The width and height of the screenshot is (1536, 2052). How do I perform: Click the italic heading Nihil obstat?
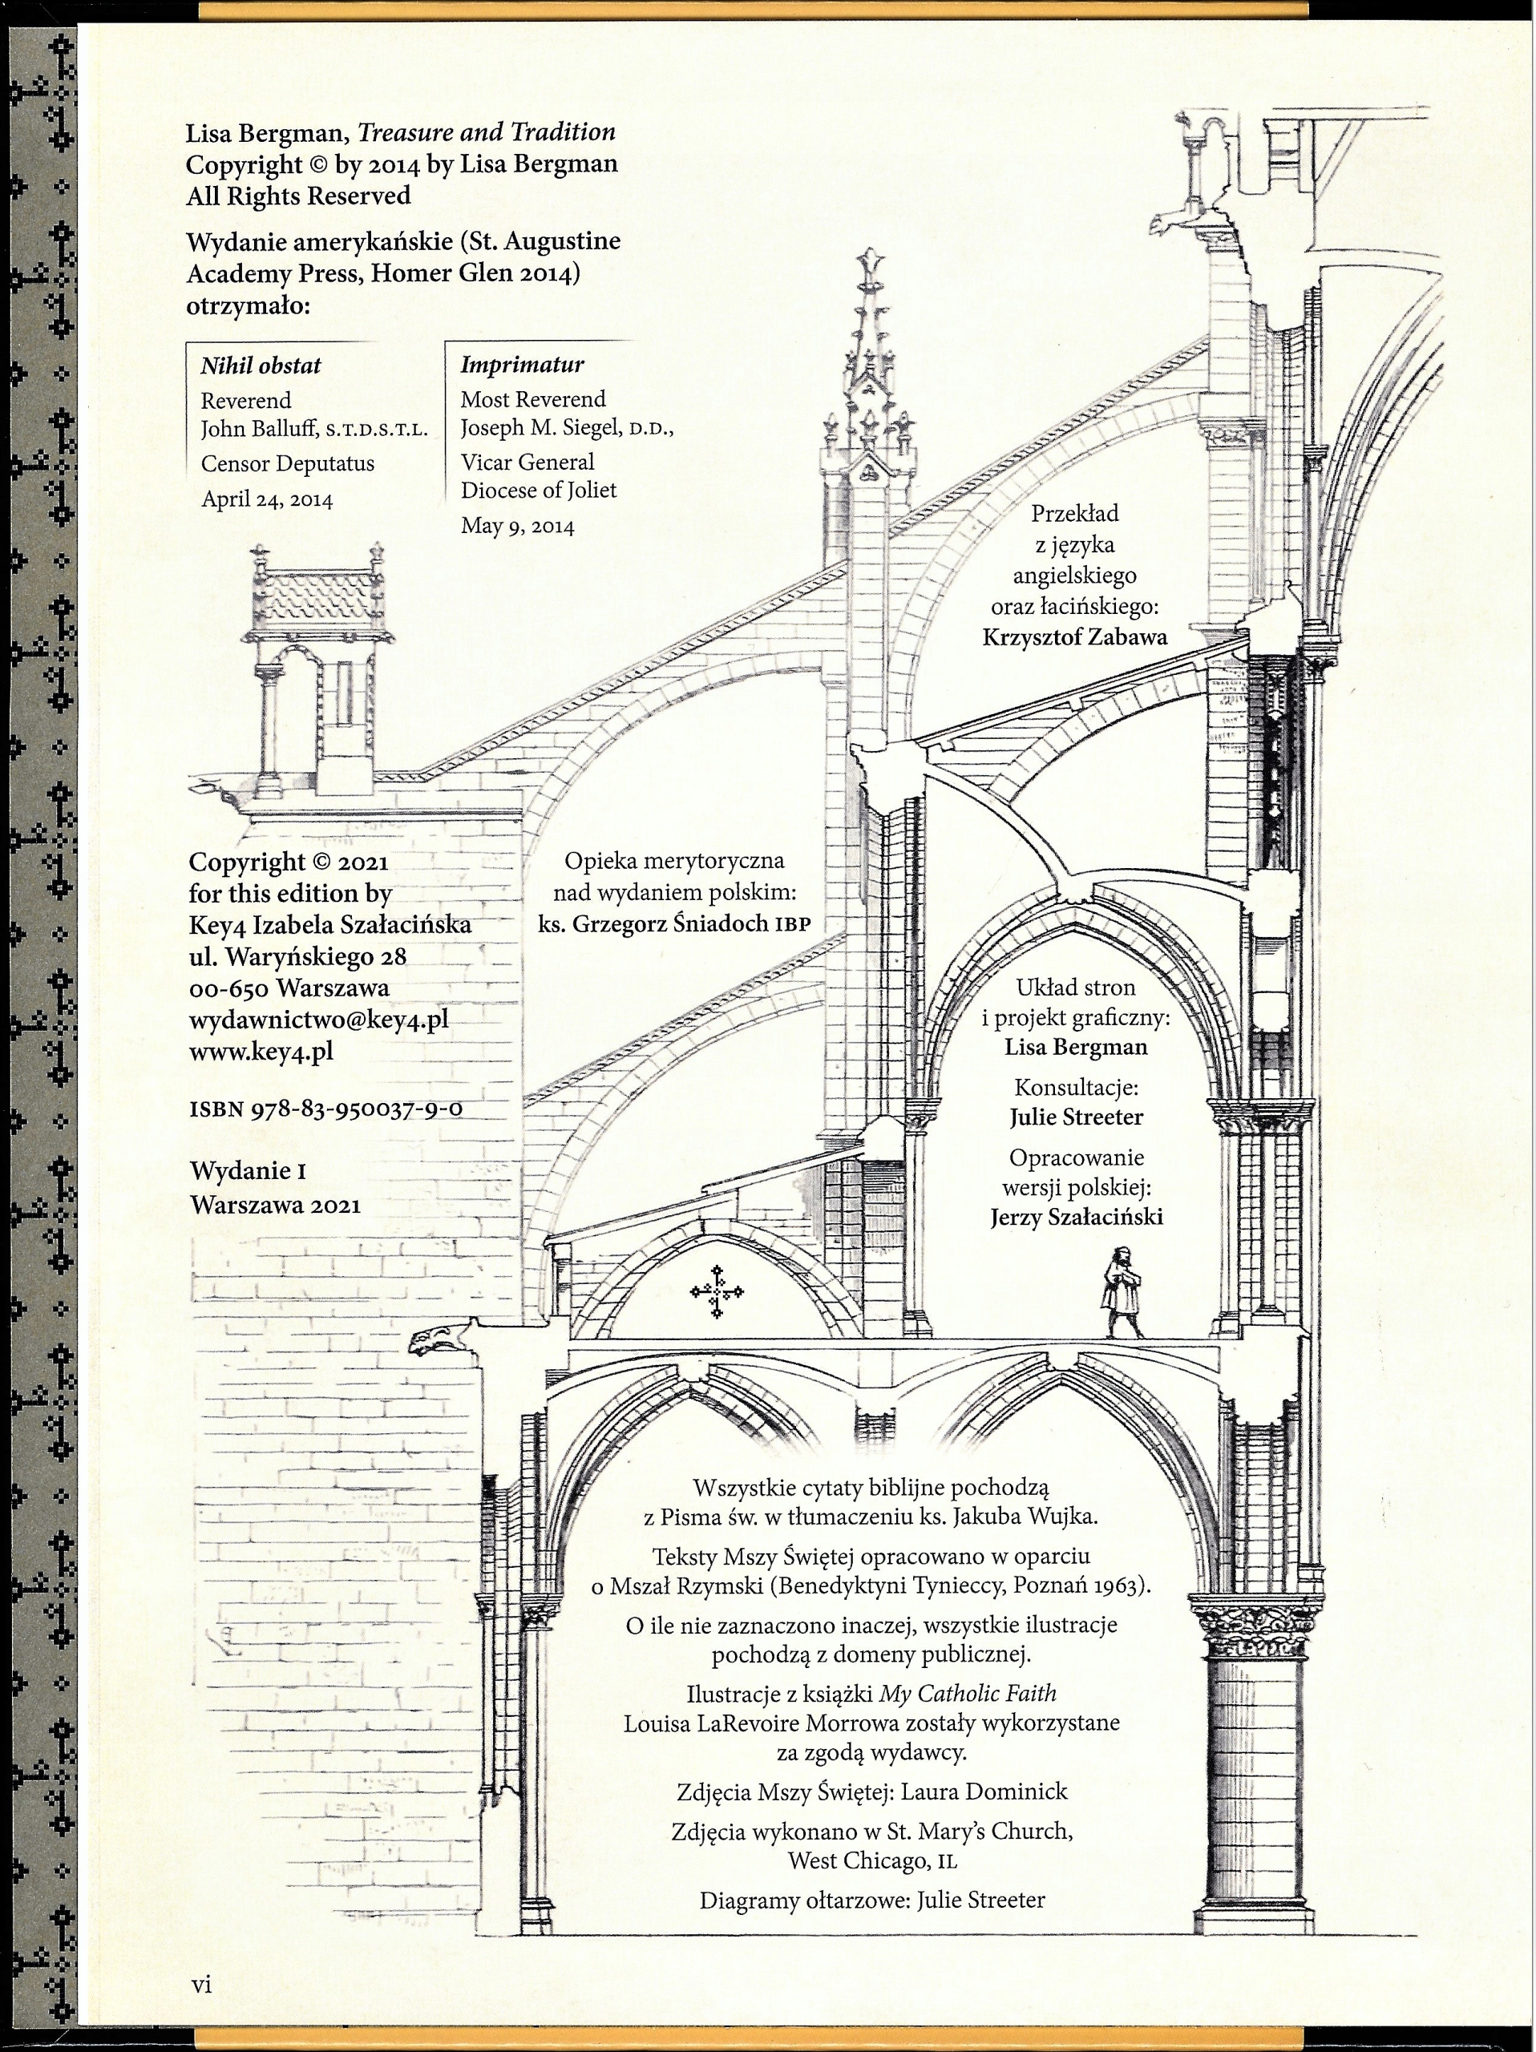click(261, 366)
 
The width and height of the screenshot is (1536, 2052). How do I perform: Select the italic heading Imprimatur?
click(522, 365)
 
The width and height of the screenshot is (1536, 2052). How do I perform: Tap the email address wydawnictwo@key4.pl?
click(318, 1020)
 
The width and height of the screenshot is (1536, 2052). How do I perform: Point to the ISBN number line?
click(325, 1109)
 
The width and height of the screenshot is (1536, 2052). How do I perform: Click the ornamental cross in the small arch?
click(717, 1291)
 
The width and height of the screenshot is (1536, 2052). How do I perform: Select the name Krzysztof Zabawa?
click(1074, 637)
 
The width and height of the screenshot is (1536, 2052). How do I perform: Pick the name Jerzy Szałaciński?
click(1076, 1217)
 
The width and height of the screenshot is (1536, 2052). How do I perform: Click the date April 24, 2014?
click(267, 499)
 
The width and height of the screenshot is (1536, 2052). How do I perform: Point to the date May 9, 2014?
click(518, 527)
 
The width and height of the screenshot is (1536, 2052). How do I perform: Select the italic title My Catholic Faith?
click(968, 1694)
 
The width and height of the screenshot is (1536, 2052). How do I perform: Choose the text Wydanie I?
click(248, 1171)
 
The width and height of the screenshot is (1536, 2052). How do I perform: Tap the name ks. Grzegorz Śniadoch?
click(653, 924)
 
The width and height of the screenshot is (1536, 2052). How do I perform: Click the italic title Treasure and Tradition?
click(487, 132)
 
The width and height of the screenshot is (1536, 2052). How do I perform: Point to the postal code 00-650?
click(229, 988)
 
